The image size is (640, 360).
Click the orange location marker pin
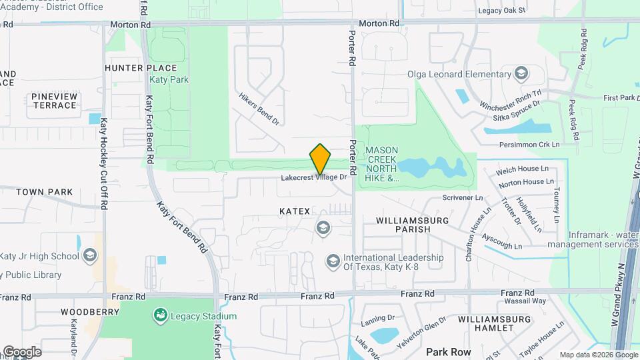pos(320,159)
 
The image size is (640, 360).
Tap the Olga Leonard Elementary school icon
pos(521,73)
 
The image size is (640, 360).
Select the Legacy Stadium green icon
pos(160,314)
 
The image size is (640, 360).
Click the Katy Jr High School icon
pos(89,256)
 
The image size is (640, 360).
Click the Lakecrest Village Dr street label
pos(314,178)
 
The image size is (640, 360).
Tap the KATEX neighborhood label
pos(295,211)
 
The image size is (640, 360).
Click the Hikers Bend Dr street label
pos(259,109)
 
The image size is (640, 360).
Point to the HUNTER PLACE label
pos(141,68)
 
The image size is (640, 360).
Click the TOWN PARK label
pos(44,192)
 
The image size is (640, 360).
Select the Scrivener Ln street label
pos(463,198)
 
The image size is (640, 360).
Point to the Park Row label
pos(449,352)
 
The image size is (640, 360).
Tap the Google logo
pos(22,351)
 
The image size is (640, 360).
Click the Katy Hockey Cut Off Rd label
pos(104,164)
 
